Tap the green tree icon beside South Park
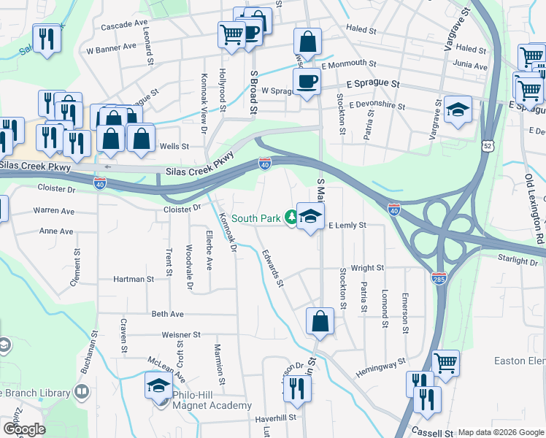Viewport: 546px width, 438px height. [x=291, y=217]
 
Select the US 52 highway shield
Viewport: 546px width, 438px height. [x=487, y=146]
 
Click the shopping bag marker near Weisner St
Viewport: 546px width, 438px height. [x=320, y=321]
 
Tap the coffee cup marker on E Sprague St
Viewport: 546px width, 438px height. [x=307, y=82]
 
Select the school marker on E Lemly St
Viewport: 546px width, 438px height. [x=310, y=216]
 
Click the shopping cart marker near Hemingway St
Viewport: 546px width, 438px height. [x=445, y=362]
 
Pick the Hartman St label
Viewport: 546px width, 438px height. [x=134, y=279]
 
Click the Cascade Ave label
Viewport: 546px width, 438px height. [x=124, y=25]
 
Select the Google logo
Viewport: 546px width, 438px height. [x=24, y=429]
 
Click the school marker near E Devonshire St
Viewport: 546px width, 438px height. [x=458, y=109]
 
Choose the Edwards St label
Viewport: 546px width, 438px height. [x=272, y=267]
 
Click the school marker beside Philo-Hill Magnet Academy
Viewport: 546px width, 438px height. [x=158, y=387]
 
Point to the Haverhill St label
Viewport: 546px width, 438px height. [x=275, y=418]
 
